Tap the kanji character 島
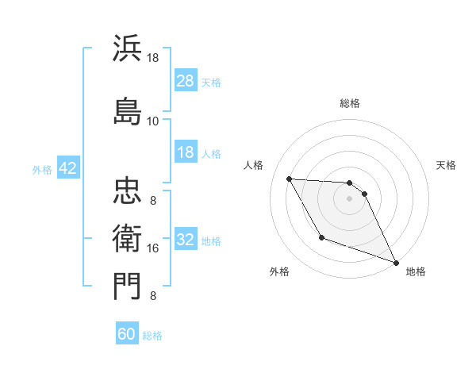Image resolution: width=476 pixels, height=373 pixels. (x=127, y=109)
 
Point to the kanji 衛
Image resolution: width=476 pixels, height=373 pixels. (x=127, y=236)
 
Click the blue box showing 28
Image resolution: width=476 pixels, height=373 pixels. (x=186, y=81)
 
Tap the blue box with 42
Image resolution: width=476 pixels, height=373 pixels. (x=67, y=169)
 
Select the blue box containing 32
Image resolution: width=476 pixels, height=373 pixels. (x=186, y=240)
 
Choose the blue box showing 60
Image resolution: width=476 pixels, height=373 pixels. (x=127, y=334)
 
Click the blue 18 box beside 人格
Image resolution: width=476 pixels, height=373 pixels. (x=186, y=153)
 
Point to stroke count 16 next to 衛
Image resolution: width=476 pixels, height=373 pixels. (x=153, y=248)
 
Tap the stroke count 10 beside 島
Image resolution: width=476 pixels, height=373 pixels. (x=153, y=121)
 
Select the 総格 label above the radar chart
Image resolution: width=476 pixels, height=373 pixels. (x=349, y=103)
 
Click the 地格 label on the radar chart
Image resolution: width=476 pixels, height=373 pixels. (x=416, y=271)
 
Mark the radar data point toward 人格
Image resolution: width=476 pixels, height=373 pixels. (x=290, y=179)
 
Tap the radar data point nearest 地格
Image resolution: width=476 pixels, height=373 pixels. (x=397, y=263)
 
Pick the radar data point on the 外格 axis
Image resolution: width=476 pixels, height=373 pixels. (x=321, y=237)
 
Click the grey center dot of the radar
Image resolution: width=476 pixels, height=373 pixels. (x=349, y=198)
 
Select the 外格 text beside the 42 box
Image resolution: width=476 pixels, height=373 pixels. (x=42, y=169)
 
